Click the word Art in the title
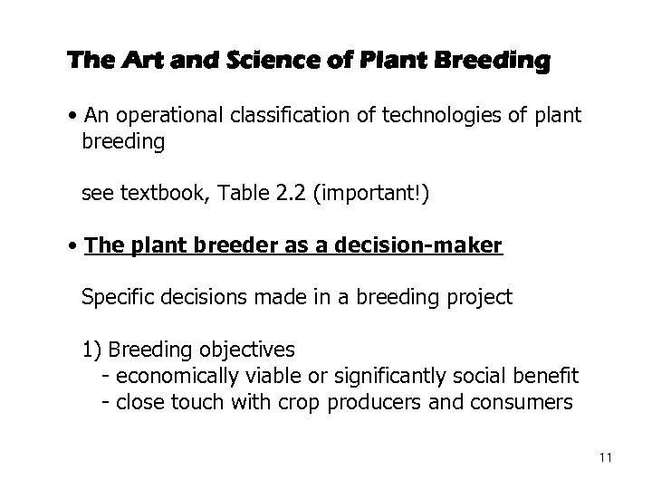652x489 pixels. click(x=127, y=62)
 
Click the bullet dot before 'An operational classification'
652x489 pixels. click(x=72, y=118)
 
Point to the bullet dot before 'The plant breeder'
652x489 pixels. click(x=72, y=245)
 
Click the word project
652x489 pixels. click(x=480, y=296)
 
